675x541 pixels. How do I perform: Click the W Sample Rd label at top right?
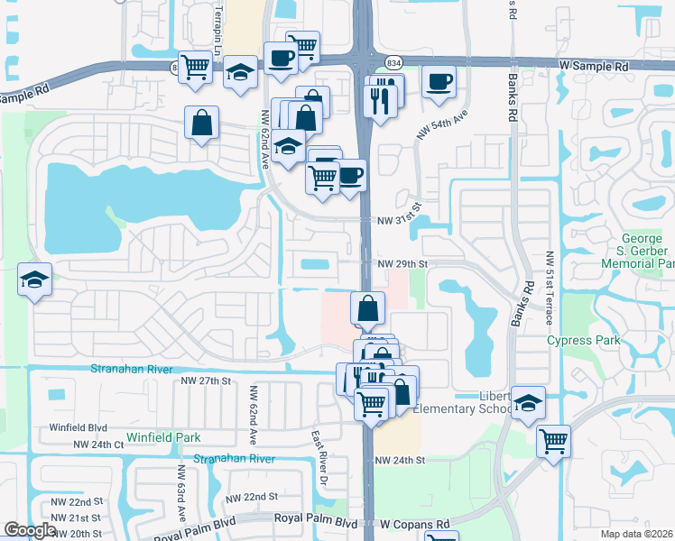tap(593, 67)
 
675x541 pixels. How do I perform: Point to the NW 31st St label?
tap(400, 218)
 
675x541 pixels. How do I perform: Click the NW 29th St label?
tap(402, 263)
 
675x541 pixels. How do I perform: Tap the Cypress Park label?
tap(584, 341)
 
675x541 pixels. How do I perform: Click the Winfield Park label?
tap(162, 438)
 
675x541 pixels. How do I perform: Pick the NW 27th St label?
tap(207, 381)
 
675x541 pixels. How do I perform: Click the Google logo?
tap(30, 530)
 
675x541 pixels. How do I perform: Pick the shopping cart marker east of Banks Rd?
tap(553, 442)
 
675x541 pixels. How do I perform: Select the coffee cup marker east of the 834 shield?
tap(439, 83)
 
